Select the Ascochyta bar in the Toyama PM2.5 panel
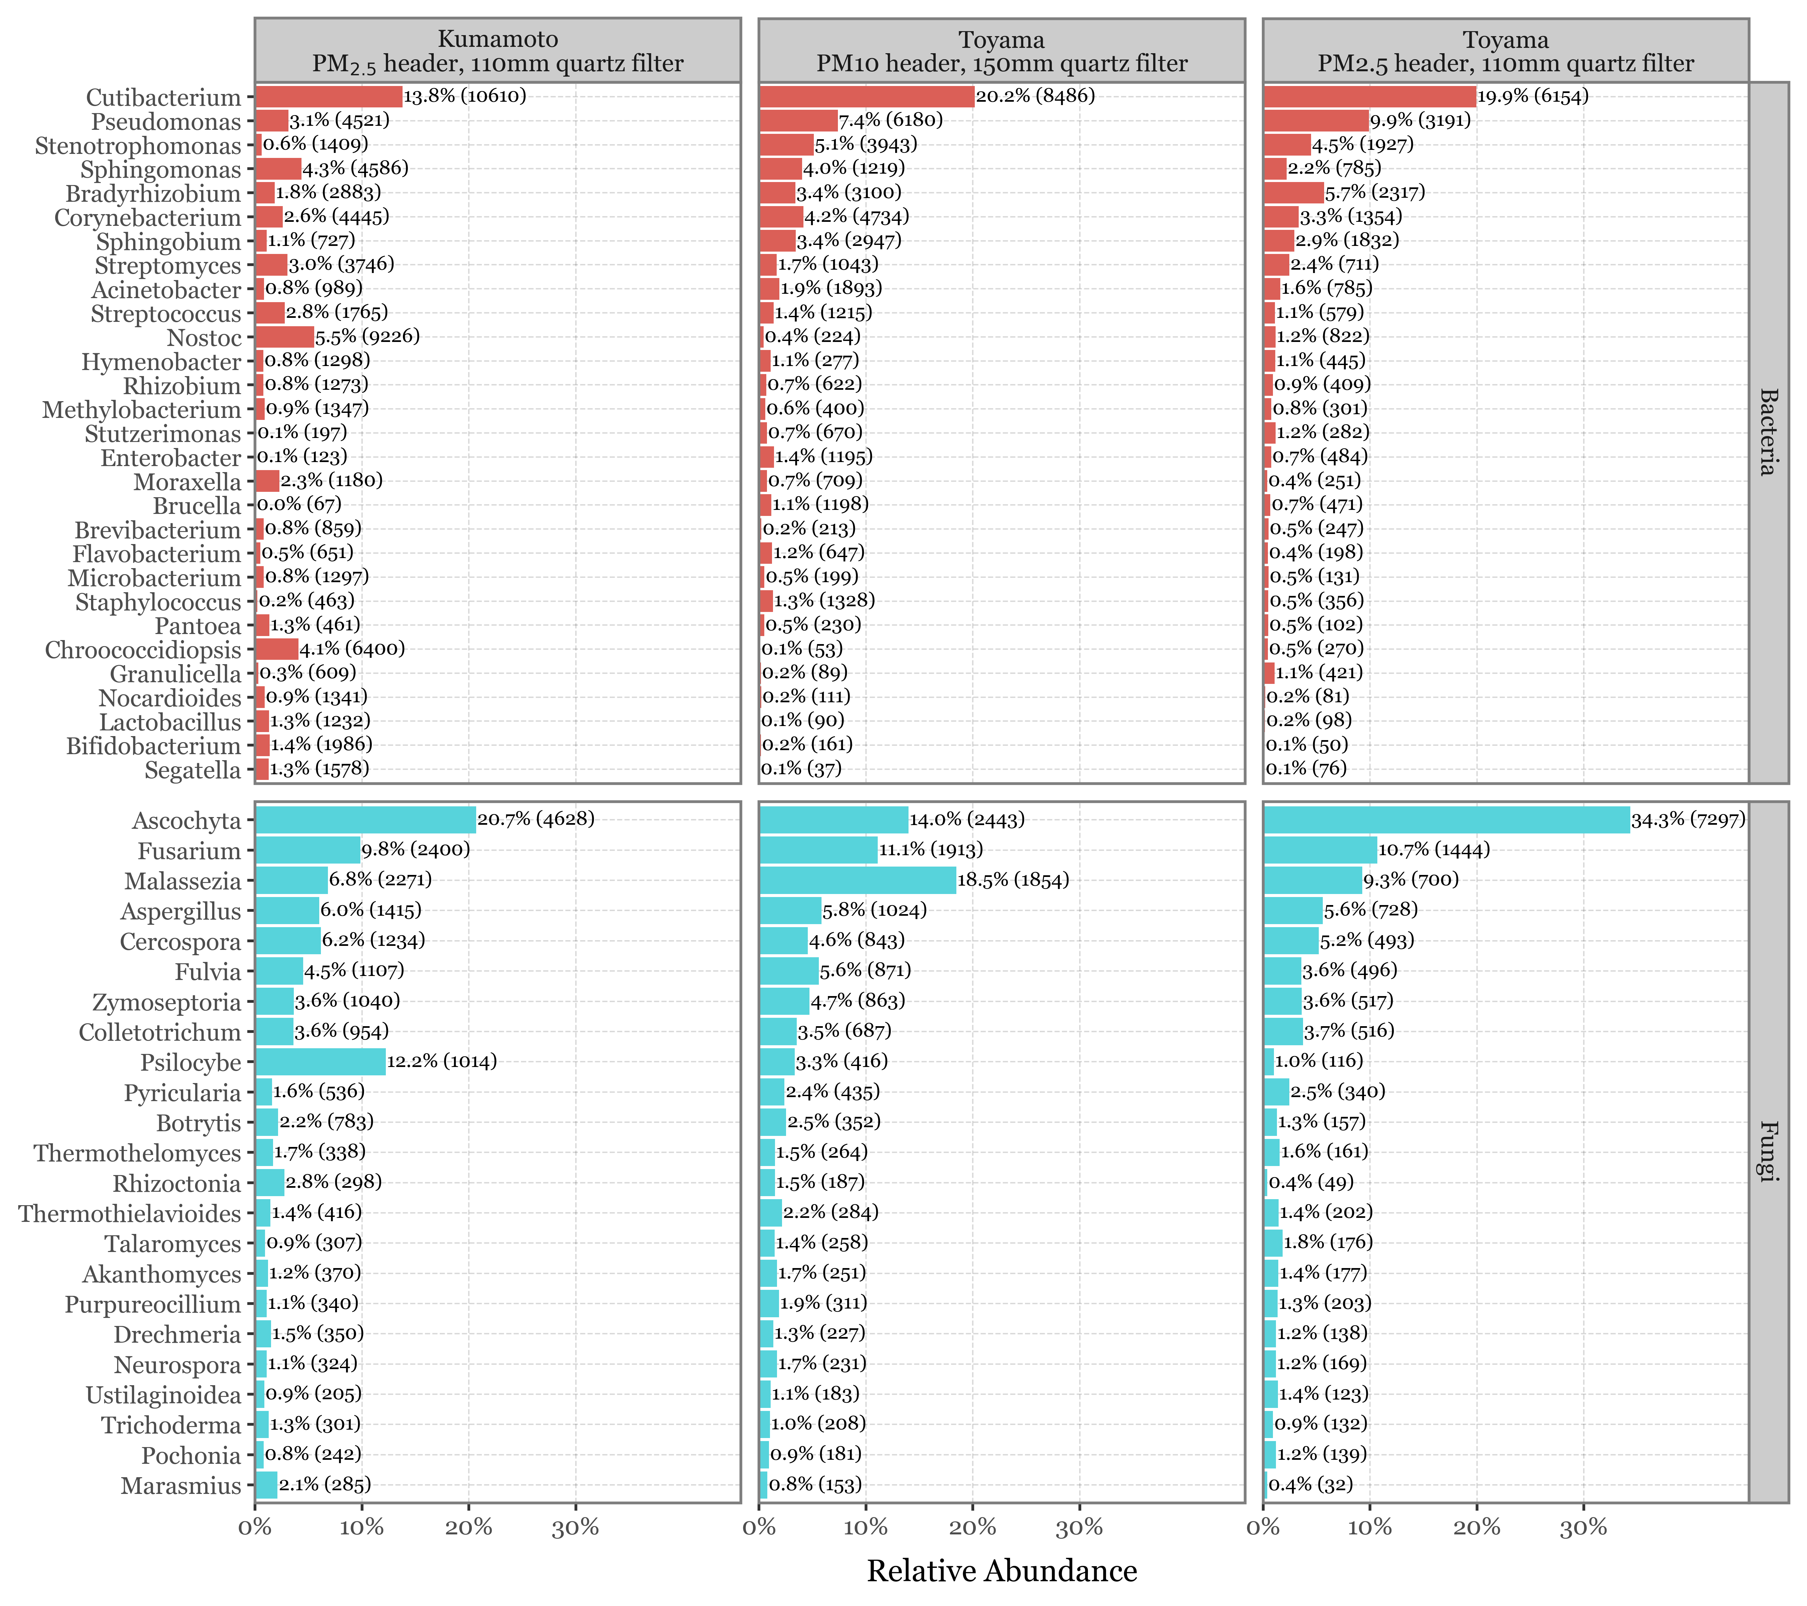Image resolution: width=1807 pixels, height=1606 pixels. click(1446, 819)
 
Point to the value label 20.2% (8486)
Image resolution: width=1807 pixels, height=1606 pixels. click(1035, 95)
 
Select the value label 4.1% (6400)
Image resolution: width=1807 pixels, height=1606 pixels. click(352, 649)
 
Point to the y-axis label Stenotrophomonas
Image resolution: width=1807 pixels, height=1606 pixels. click(138, 146)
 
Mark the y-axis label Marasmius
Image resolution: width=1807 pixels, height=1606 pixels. click(181, 1486)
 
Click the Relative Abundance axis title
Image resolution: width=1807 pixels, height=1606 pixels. click(1002, 1571)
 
